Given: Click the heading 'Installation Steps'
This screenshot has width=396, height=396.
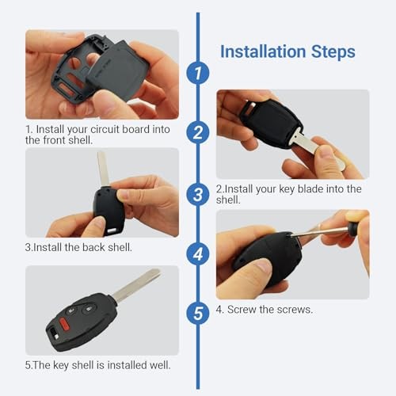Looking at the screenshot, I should [x=287, y=52].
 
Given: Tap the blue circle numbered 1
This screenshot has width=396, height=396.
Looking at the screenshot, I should [x=197, y=74].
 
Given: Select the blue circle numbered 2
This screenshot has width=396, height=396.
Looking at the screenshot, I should [x=197, y=131].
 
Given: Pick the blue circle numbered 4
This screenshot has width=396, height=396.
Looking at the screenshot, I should [x=197, y=253].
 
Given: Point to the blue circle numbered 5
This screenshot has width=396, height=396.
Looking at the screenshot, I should [x=197, y=313].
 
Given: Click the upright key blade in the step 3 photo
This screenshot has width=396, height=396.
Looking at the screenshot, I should [x=103, y=169].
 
